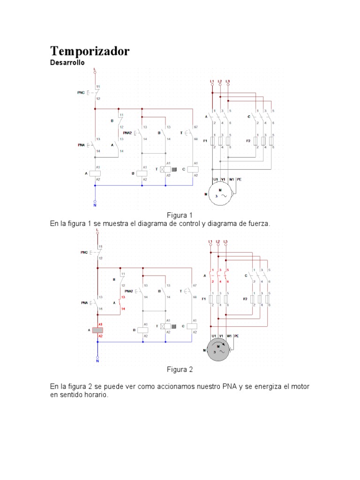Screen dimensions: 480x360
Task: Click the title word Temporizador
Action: coord(90,51)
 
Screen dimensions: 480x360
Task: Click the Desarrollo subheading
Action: coord(67,63)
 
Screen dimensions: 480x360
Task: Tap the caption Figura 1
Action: coord(180,215)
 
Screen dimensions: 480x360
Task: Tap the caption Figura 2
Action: coord(180,369)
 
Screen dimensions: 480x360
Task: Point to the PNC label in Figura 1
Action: coord(81,93)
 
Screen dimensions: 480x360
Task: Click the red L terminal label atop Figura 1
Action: coord(95,69)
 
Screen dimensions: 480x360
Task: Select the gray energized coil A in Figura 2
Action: coord(97,330)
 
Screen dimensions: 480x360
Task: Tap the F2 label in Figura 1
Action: coord(248,141)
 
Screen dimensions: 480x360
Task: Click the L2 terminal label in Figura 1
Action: coord(220,82)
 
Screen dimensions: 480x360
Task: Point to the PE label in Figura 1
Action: coord(240,179)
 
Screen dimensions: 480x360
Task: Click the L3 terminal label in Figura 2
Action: coord(225,241)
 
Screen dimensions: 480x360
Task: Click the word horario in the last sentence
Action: coord(96,395)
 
